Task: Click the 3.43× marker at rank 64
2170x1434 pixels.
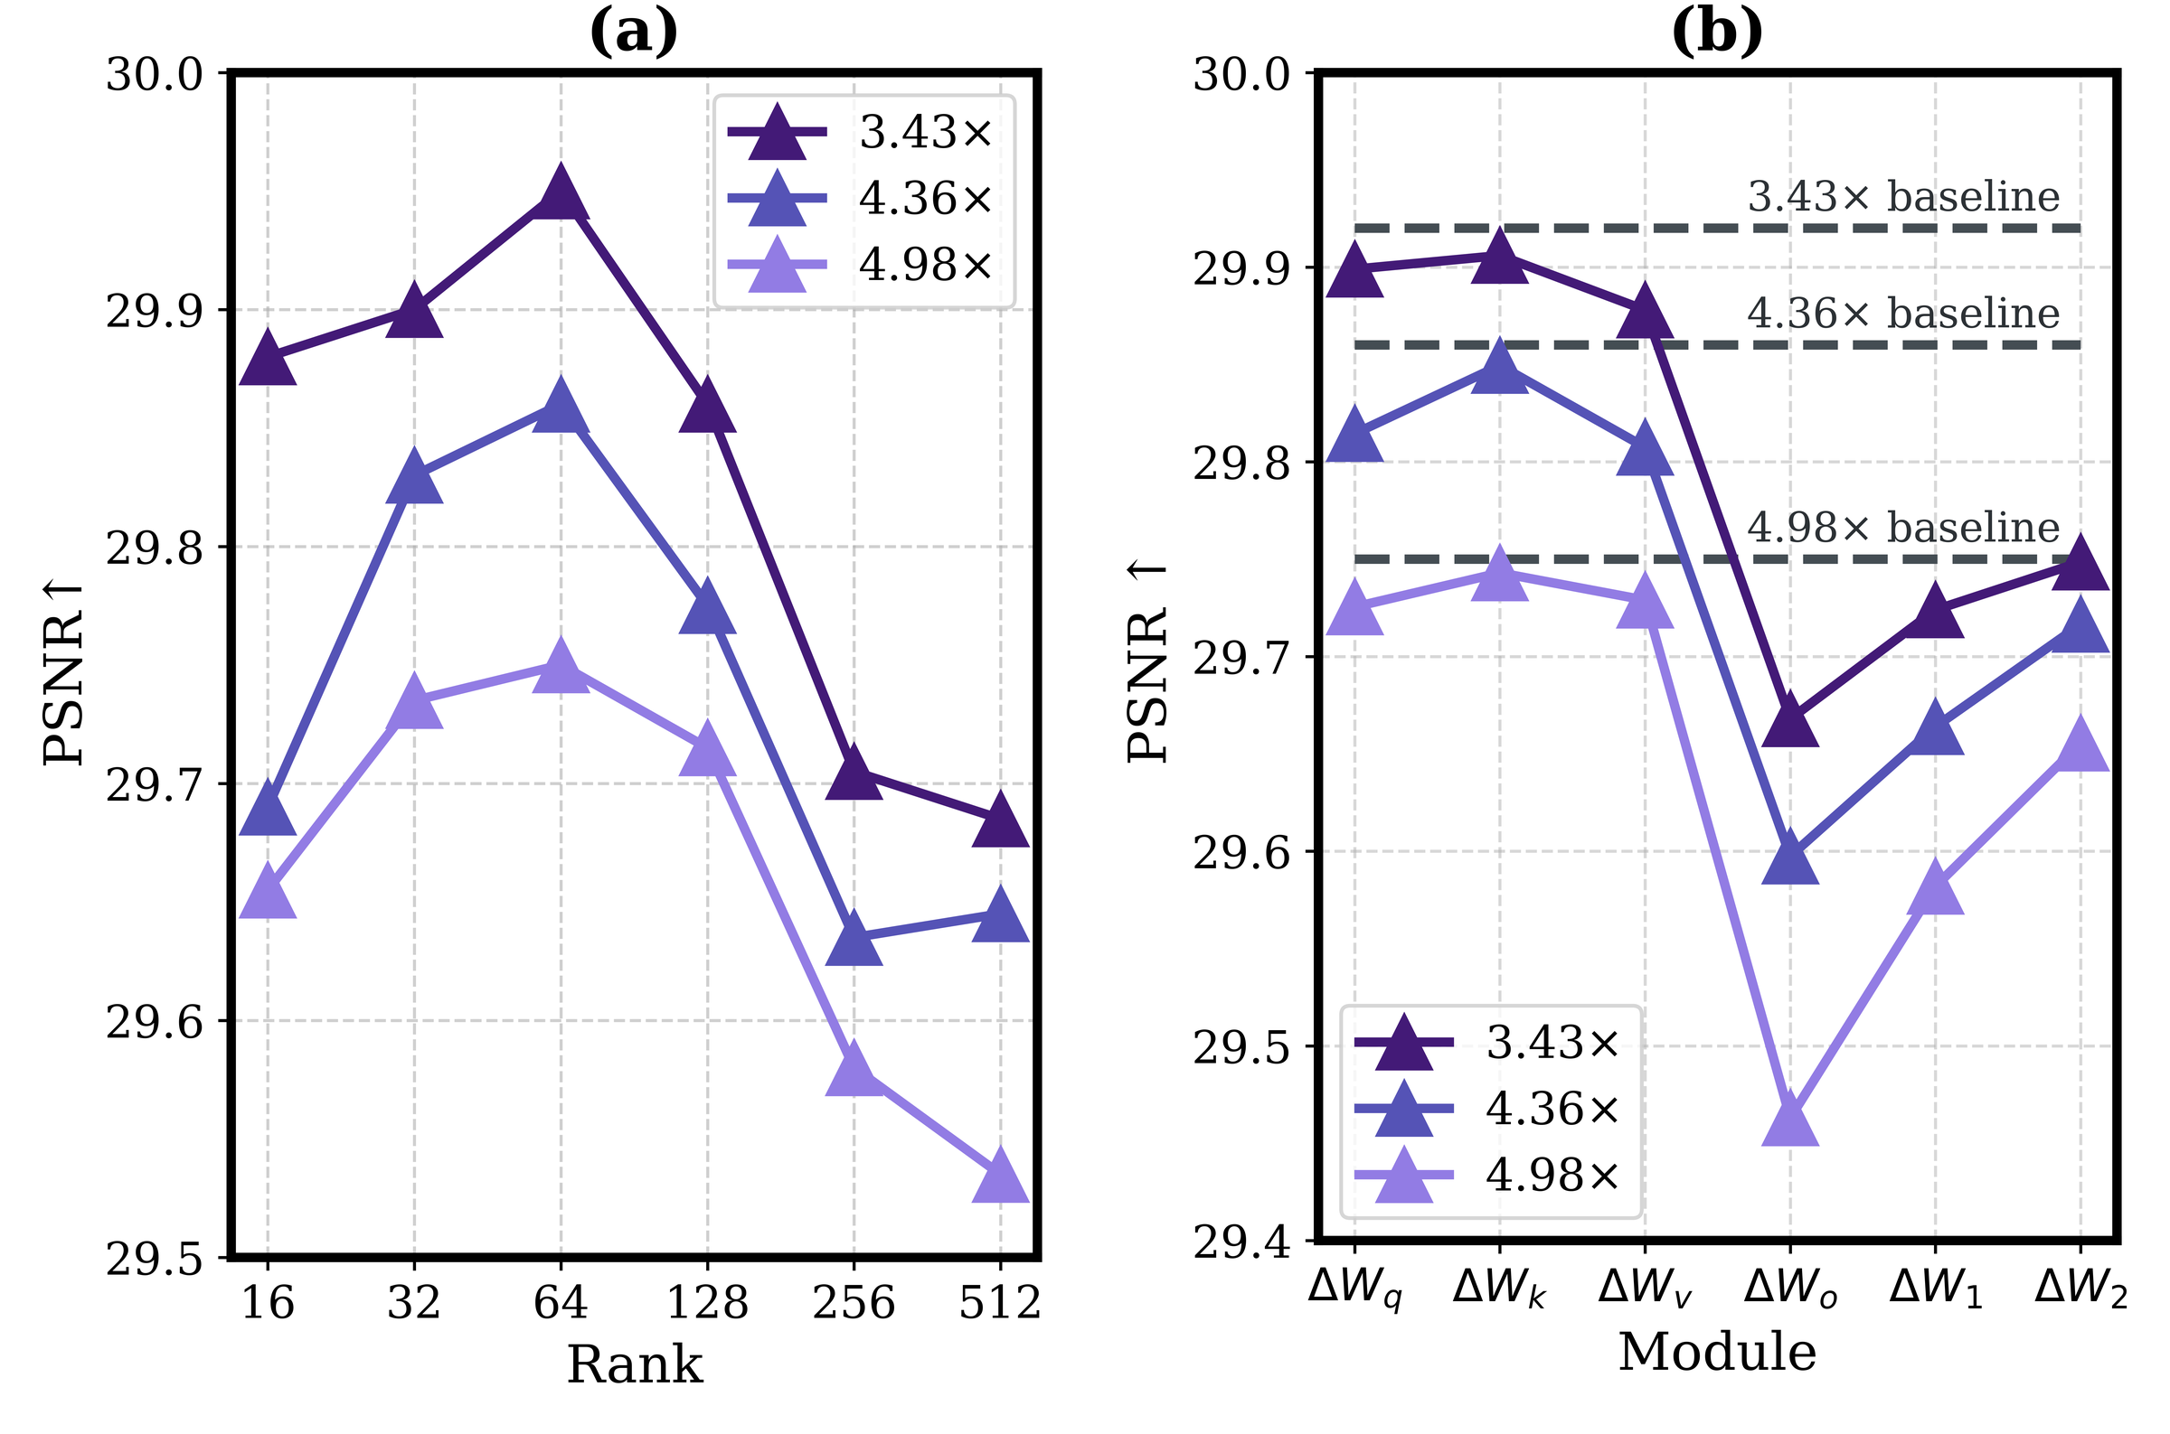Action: point(561,194)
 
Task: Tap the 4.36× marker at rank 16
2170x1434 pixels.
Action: point(267,809)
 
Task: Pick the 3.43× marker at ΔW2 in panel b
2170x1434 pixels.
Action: point(2081,563)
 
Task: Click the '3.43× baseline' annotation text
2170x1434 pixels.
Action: point(1903,197)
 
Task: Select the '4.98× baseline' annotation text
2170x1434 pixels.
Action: point(1903,528)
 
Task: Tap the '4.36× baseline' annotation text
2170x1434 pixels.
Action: point(1903,314)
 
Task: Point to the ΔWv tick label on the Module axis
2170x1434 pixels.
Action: point(1644,1290)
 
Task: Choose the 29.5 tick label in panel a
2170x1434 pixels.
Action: point(154,1260)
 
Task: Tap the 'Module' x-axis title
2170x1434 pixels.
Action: point(1717,1352)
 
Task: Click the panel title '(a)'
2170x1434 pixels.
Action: point(634,33)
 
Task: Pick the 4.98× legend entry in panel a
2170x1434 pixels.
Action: point(861,266)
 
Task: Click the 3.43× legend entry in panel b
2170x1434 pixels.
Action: point(1487,1043)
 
